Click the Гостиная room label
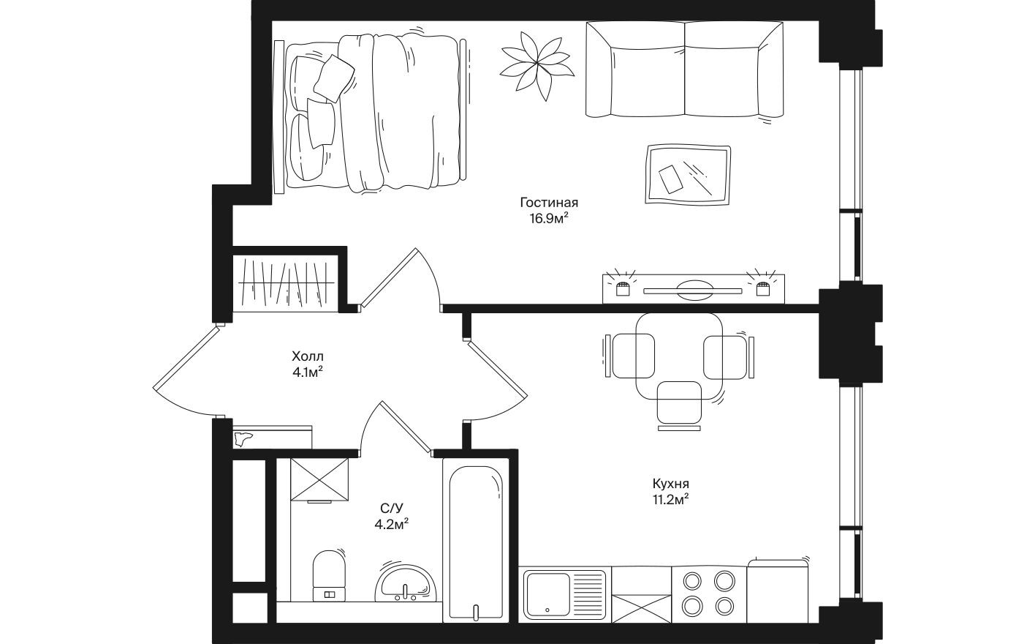pyautogui.click(x=549, y=203)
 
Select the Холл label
pyautogui.click(x=307, y=357)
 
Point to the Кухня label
pyautogui.click(x=671, y=484)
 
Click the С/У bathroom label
pyautogui.click(x=392, y=508)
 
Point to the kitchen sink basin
pyautogui.click(x=548, y=593)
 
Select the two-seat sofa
pyautogui.click(x=684, y=70)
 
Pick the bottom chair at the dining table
pyautogui.click(x=680, y=405)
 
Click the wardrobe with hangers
pyautogui.click(x=286, y=282)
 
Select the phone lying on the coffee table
pyautogui.click(x=670, y=179)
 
